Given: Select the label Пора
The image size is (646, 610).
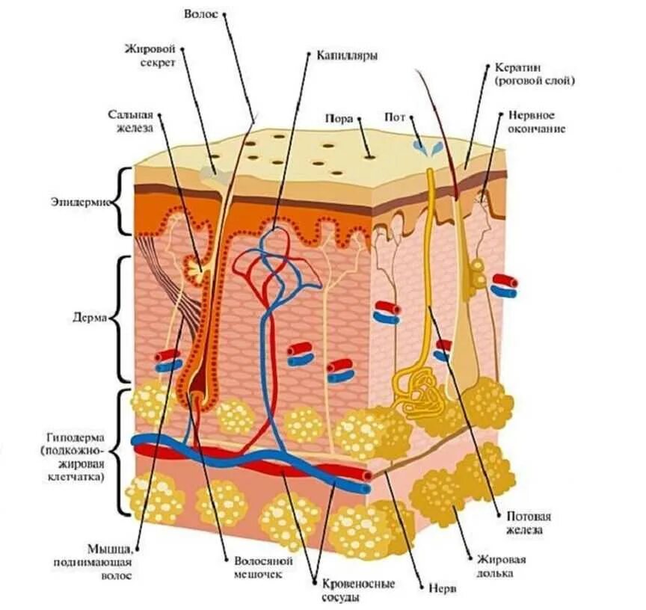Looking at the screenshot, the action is pos(339,118).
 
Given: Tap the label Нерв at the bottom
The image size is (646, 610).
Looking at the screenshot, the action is pos(437,588).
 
